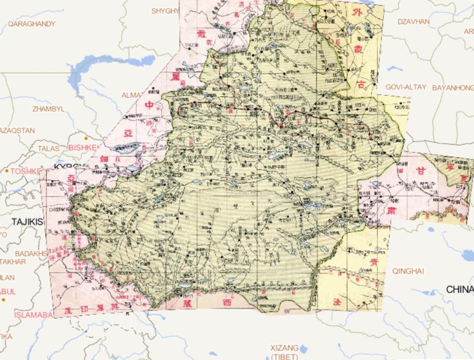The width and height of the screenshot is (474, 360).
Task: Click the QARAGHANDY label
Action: (x=31, y=23)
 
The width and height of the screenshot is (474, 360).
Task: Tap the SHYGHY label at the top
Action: (x=165, y=10)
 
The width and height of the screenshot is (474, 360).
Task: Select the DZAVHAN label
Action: (x=414, y=21)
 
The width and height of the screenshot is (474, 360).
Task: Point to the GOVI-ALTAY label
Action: (x=405, y=87)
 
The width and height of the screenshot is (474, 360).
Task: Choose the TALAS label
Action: (x=49, y=148)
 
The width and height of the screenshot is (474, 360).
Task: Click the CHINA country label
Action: (x=459, y=289)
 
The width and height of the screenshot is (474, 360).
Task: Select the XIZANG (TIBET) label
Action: (x=284, y=352)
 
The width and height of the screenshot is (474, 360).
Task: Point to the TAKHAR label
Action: (x=13, y=261)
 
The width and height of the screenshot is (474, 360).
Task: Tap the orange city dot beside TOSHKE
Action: (x=7, y=170)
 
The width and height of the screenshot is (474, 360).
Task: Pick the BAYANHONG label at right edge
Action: (x=452, y=87)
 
